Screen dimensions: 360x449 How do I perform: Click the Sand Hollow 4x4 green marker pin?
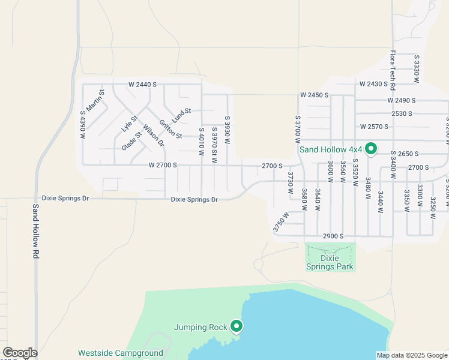click(371, 148)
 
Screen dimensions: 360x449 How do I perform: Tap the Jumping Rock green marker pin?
click(237, 326)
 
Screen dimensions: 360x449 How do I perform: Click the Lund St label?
click(180, 112)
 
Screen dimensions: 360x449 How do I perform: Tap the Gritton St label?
click(170, 127)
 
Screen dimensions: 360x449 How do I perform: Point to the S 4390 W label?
click(83, 124)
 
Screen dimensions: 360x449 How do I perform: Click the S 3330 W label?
click(416, 68)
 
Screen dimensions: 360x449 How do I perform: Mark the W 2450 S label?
click(315, 95)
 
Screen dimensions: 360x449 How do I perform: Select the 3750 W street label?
click(280, 221)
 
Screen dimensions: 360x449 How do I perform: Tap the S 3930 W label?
click(227, 130)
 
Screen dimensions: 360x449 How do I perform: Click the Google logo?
click(20, 353)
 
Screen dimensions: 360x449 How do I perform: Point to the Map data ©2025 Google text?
click(411, 355)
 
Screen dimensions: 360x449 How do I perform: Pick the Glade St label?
click(131, 141)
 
